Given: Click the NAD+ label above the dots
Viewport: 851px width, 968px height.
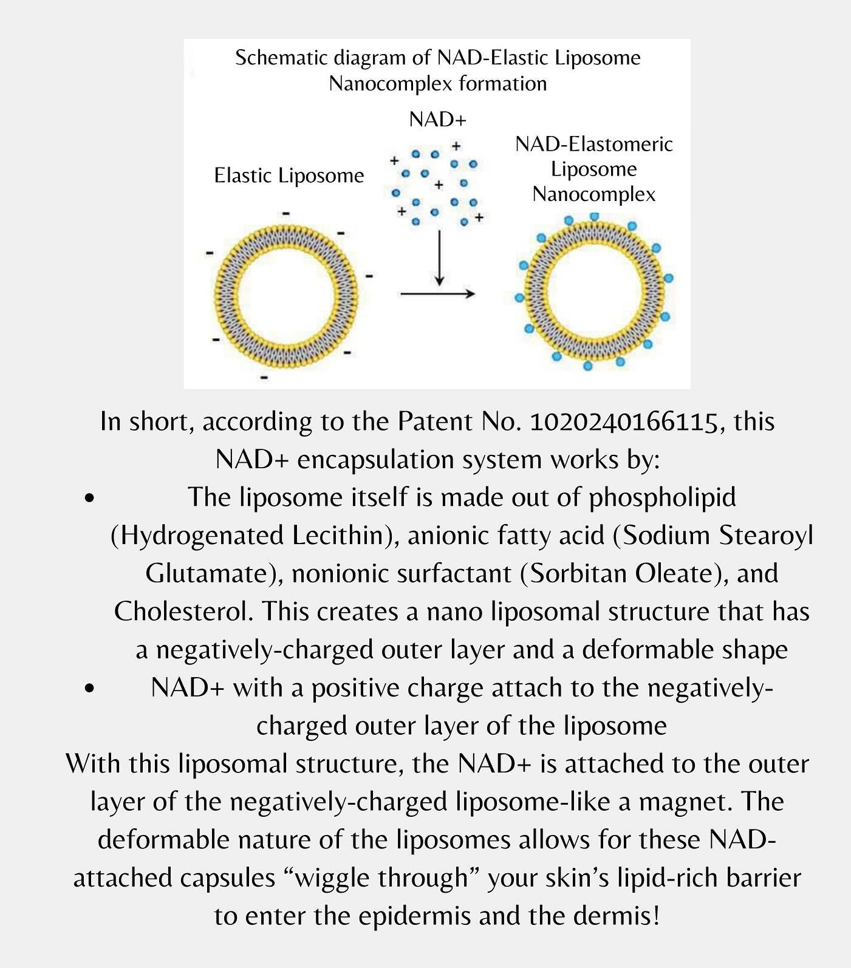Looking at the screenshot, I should tap(437, 120).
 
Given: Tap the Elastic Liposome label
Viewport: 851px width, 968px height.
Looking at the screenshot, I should tap(289, 176).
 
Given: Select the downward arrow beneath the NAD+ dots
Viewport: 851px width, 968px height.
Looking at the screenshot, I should tap(439, 257).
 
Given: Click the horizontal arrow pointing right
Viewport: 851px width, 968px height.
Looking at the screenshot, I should tap(437, 295).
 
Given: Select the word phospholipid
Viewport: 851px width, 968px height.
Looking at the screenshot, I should tap(662, 497).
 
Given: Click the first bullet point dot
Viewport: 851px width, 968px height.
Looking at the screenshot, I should tap(89, 499).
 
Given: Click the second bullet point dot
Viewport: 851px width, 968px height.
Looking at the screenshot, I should tap(89, 689).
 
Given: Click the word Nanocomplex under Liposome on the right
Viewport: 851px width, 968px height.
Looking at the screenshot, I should tap(594, 194).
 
